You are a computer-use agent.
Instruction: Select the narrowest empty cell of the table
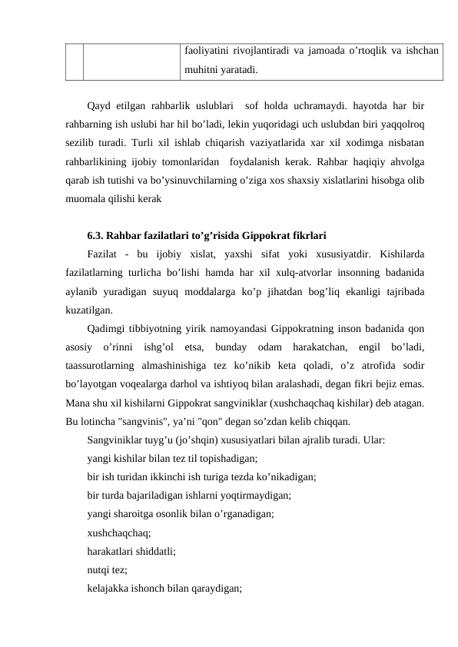(74, 60)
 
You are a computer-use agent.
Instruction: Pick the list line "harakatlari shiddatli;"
(132, 549)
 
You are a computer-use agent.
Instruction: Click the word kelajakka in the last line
(109, 589)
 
